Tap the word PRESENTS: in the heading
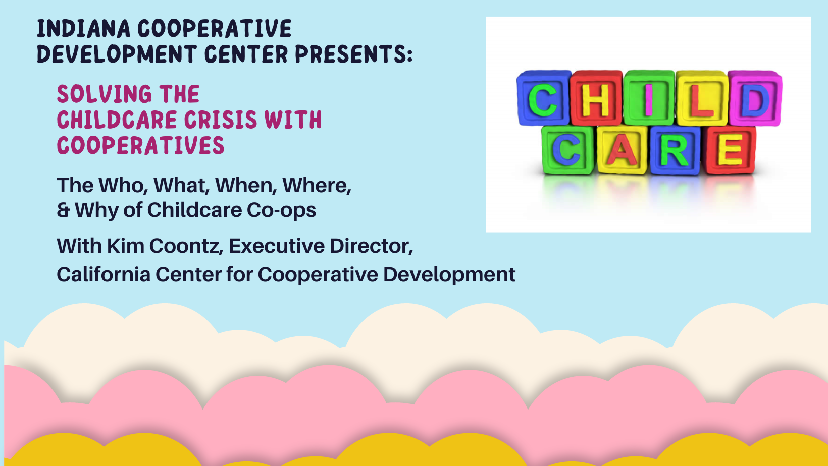coord(354,54)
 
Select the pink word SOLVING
coord(104,94)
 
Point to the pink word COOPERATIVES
coord(140,145)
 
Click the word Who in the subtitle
coord(123,186)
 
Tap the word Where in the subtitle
coord(317,186)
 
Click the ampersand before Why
coord(63,210)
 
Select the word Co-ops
coord(281,211)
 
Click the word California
coord(103,275)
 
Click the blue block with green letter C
coord(543,98)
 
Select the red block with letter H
coord(596,98)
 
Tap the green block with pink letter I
coord(649,98)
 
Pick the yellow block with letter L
coord(701,98)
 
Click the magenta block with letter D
coord(755,98)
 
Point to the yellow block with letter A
coord(622,150)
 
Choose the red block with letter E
coord(730,150)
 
